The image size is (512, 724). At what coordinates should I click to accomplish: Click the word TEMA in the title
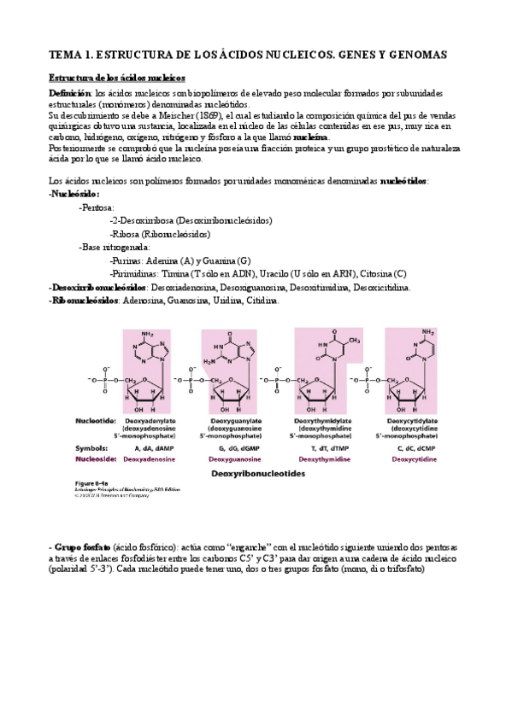pyautogui.click(x=64, y=55)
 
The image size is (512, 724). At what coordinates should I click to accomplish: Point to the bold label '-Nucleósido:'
pyautogui.click(x=75, y=194)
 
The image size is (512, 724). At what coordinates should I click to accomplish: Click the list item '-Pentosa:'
pyautogui.click(x=101, y=207)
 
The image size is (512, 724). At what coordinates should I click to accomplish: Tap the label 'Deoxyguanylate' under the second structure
pyautogui.click(x=232, y=420)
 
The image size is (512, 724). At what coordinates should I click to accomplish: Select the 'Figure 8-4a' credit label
pyautogui.click(x=84, y=482)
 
